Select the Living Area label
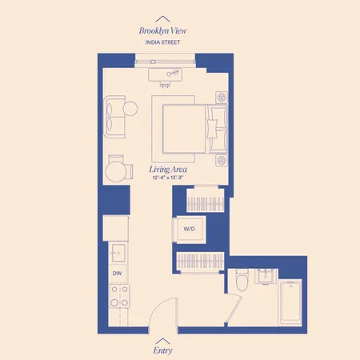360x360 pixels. pos(167,170)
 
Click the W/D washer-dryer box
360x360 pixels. pos(190,229)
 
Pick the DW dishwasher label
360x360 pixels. pos(117,274)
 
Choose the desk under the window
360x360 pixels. pos(167,74)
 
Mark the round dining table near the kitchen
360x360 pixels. pos(118,171)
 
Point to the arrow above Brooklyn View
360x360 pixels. pos(162,18)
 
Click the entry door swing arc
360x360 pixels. pos(164,308)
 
